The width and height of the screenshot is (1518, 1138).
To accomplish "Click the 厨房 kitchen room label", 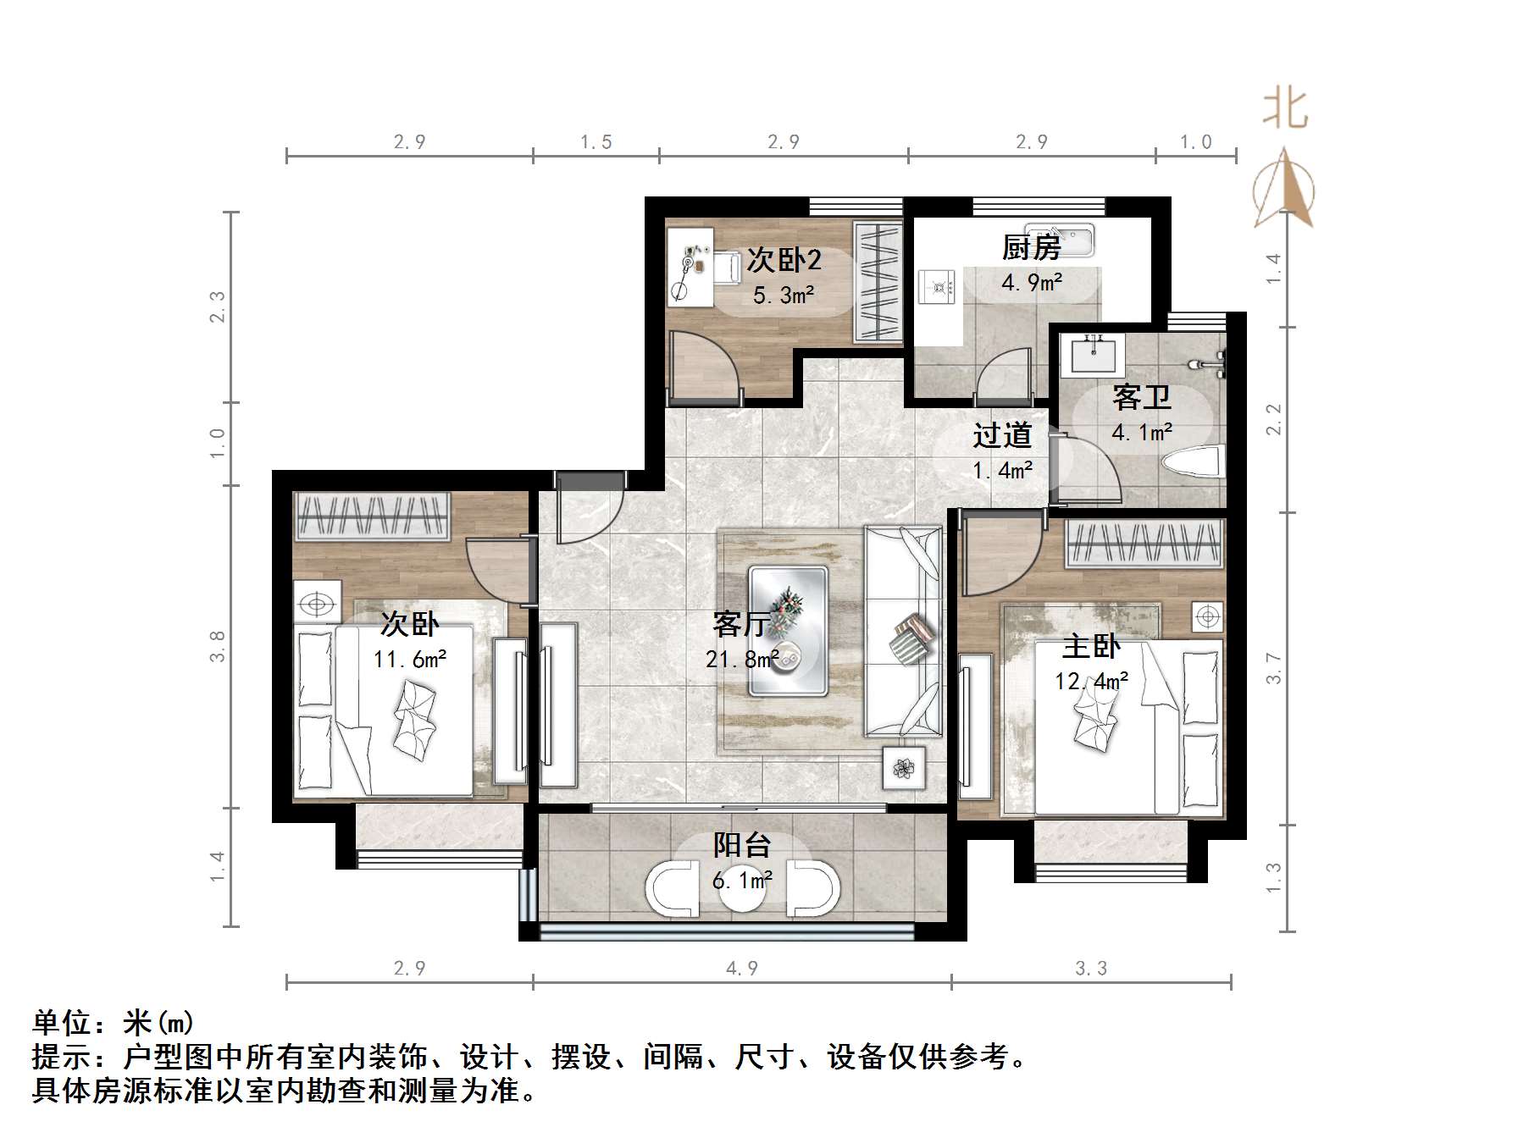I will pyautogui.click(x=1031, y=248).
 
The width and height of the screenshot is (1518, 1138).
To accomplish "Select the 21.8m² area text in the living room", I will pyautogui.click(x=742, y=658).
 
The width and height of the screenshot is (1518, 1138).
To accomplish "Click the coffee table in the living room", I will pyautogui.click(x=787, y=631).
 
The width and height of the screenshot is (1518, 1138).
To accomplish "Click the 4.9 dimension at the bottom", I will pyautogui.click(x=741, y=968).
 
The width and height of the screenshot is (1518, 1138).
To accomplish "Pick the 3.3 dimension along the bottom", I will pyautogui.click(x=1091, y=968).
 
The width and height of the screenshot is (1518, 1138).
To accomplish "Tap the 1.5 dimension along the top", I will pyautogui.click(x=596, y=142).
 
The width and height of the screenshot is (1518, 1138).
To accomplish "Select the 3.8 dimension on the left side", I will pyautogui.click(x=219, y=646).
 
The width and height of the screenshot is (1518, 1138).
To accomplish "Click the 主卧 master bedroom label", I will pyautogui.click(x=1091, y=647).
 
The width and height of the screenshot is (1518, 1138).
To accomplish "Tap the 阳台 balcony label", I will pyautogui.click(x=742, y=844).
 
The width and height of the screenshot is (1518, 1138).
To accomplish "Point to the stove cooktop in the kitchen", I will pyautogui.click(x=938, y=286).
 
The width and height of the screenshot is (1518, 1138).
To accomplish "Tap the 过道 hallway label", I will pyautogui.click(x=1002, y=435).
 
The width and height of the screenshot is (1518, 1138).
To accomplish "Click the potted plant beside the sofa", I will pyautogui.click(x=904, y=768).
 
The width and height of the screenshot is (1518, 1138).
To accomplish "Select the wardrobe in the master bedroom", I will pyautogui.click(x=1144, y=543).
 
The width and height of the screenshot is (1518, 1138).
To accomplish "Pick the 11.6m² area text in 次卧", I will pyautogui.click(x=410, y=659).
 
